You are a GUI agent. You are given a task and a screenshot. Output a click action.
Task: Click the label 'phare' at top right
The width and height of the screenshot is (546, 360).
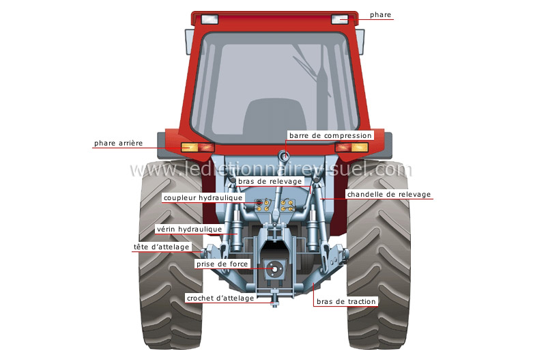[381, 14]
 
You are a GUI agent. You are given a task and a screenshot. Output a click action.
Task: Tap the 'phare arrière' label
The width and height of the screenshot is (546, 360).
[118, 143]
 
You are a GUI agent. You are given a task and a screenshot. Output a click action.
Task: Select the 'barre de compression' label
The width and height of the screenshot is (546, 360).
[330, 135]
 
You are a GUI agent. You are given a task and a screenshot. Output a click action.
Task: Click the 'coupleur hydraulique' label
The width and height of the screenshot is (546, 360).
[203, 197]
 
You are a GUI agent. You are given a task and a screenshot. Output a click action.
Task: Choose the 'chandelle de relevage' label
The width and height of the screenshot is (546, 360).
[389, 195]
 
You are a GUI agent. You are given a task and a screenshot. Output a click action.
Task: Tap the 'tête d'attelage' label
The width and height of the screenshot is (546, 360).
[158, 247]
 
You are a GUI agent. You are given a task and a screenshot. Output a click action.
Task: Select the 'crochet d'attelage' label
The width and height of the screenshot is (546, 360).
[220, 298]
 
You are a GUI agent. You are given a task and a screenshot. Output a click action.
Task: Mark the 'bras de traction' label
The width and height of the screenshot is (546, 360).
[347, 301]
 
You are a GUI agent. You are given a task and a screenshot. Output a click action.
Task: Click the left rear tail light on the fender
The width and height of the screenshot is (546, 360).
[197, 147]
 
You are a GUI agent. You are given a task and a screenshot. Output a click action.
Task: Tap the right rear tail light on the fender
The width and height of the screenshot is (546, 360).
[351, 147]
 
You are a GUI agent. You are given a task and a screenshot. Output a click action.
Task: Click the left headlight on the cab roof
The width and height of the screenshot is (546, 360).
[209, 19]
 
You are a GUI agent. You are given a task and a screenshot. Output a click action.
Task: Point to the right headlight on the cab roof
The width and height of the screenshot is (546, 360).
[339, 19]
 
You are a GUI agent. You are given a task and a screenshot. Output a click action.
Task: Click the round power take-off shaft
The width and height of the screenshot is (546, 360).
[276, 270]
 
